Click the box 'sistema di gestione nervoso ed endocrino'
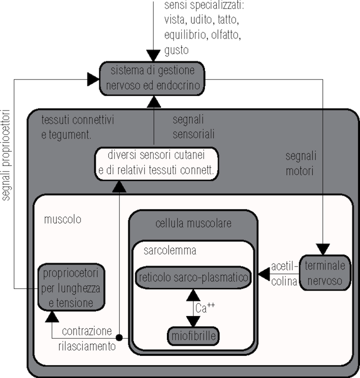tap(152, 78)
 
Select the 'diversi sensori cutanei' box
tap(156, 163)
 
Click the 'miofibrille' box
tap(194, 336)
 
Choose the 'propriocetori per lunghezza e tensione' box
tap(72, 287)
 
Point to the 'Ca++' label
tap(205, 308)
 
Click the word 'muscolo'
tap(62, 219)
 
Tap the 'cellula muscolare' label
tap(193, 223)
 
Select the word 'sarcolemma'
tap(169, 250)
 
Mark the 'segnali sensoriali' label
tap(193, 127)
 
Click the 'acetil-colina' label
tap(284, 273)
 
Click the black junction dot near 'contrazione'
tap(119, 338)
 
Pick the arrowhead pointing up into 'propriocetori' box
tap(52, 317)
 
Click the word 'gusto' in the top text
tap(176, 51)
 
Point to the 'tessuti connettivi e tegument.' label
tap(78, 127)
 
